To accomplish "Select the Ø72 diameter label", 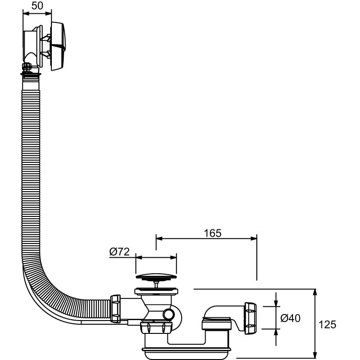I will [120, 252].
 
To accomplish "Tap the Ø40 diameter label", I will [290, 317].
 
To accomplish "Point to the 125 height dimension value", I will [327, 324].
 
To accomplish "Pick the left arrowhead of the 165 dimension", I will [158, 238].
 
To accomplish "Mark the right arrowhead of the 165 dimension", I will [254, 238].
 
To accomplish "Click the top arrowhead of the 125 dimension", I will [315, 292].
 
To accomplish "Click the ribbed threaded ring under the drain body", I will [156, 327].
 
